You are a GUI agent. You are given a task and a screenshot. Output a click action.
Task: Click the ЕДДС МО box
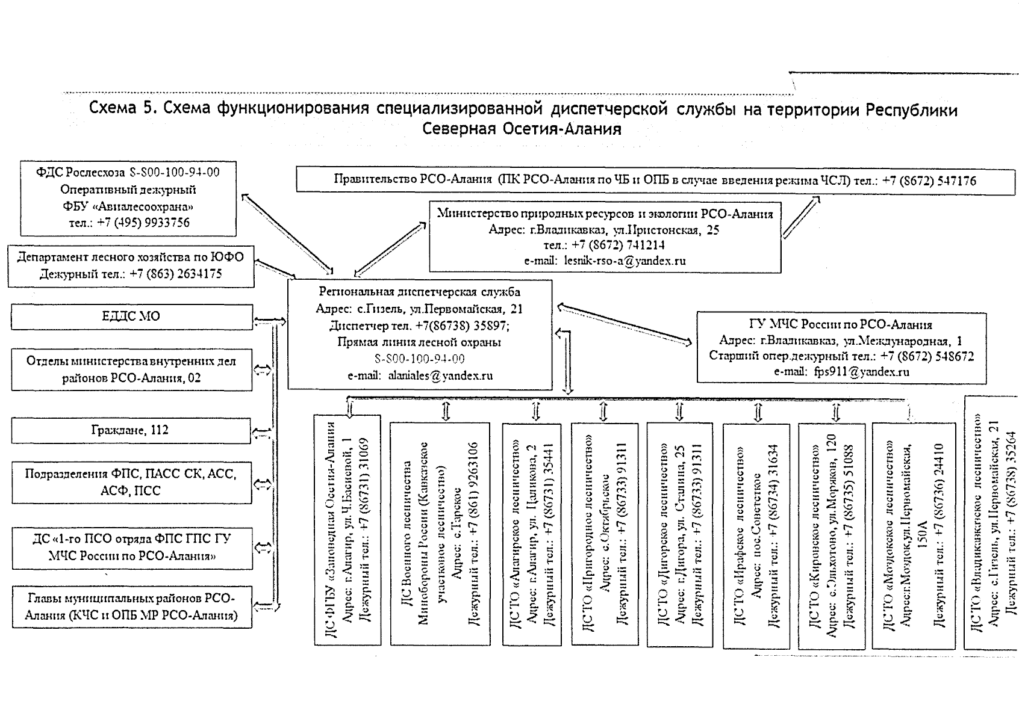(131, 316)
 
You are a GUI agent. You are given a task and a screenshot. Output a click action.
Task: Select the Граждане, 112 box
(130, 431)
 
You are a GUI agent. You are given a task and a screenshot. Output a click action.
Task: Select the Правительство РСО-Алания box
(655, 180)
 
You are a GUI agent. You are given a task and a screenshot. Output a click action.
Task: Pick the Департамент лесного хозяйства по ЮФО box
(131, 265)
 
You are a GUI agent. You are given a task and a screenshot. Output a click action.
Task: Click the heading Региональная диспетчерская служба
(419, 292)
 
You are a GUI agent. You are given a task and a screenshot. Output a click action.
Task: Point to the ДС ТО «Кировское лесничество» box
(831, 534)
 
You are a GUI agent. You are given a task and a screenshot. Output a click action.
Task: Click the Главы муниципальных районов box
(131, 606)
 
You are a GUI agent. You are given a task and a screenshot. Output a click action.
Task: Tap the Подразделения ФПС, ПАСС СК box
(131, 482)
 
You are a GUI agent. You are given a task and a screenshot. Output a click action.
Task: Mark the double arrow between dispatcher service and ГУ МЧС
(624, 325)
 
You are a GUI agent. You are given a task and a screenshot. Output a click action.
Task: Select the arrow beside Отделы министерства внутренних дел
(262, 370)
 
